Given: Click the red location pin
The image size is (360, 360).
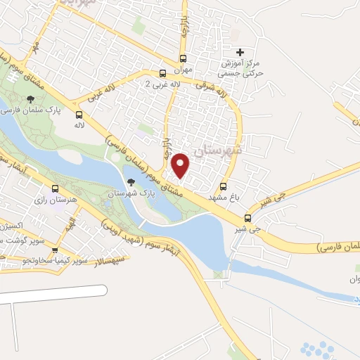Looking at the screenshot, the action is pyautogui.click(x=181, y=165).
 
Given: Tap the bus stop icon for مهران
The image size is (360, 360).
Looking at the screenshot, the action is pyautogui.click(x=184, y=59).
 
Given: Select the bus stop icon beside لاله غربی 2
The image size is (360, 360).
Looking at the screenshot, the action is pyautogui.click(x=163, y=73).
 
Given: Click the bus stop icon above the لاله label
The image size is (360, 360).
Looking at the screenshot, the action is pyautogui.click(x=79, y=114).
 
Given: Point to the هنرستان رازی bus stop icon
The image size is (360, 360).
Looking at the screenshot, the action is pyautogui.click(x=56, y=188).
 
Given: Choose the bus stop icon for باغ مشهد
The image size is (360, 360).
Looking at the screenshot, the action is pyautogui.click(x=224, y=187).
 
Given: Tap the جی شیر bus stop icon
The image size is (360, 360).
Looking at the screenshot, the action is pyautogui.click(x=247, y=217).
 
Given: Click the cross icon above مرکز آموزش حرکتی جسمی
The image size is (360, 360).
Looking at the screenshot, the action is pyautogui.click(x=240, y=52).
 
